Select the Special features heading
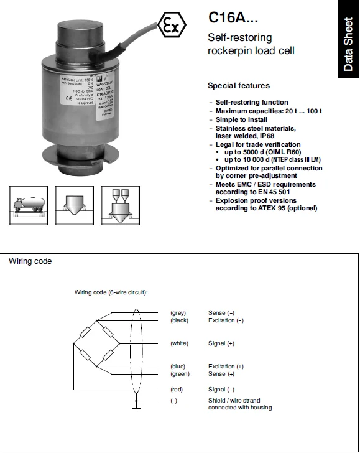pyautogui.click(x=239, y=86)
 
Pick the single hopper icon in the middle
pyautogui.click(x=74, y=205)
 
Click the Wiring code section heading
pyautogui.click(x=30, y=261)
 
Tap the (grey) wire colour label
pyautogui.click(x=178, y=312)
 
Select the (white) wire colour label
pyautogui.click(x=179, y=343)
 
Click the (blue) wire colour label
pyautogui.click(x=178, y=367)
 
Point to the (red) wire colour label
pyautogui.click(x=177, y=389)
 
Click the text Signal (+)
pyautogui.click(x=221, y=343)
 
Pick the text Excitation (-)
pyautogui.click(x=226, y=320)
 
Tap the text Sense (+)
pyautogui.click(x=221, y=374)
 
